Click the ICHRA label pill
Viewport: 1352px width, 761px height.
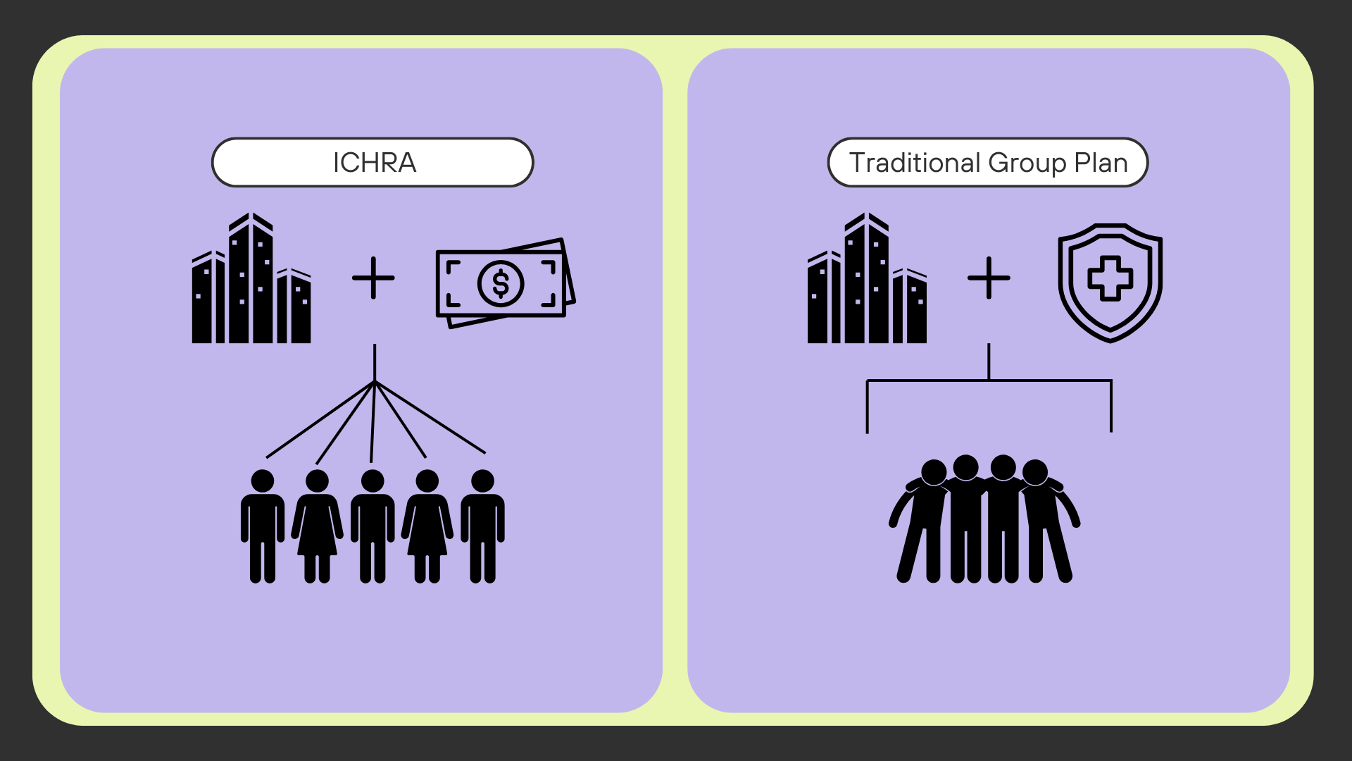pos(373,163)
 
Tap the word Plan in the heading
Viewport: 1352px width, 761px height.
pos(1101,163)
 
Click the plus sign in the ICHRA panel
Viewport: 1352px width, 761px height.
pos(373,278)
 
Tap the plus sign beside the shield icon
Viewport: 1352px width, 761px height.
pos(989,278)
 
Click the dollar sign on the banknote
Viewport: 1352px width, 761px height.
pos(501,284)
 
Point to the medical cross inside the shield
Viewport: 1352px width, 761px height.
pos(1110,278)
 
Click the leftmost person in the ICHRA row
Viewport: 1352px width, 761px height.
pos(263,526)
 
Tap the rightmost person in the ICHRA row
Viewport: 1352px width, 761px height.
pos(482,526)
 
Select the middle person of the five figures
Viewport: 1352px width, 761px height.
pos(373,526)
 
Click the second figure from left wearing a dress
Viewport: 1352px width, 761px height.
pos(318,526)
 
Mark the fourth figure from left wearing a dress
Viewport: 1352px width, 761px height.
pos(427,526)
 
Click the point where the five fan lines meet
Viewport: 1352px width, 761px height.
pos(375,382)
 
